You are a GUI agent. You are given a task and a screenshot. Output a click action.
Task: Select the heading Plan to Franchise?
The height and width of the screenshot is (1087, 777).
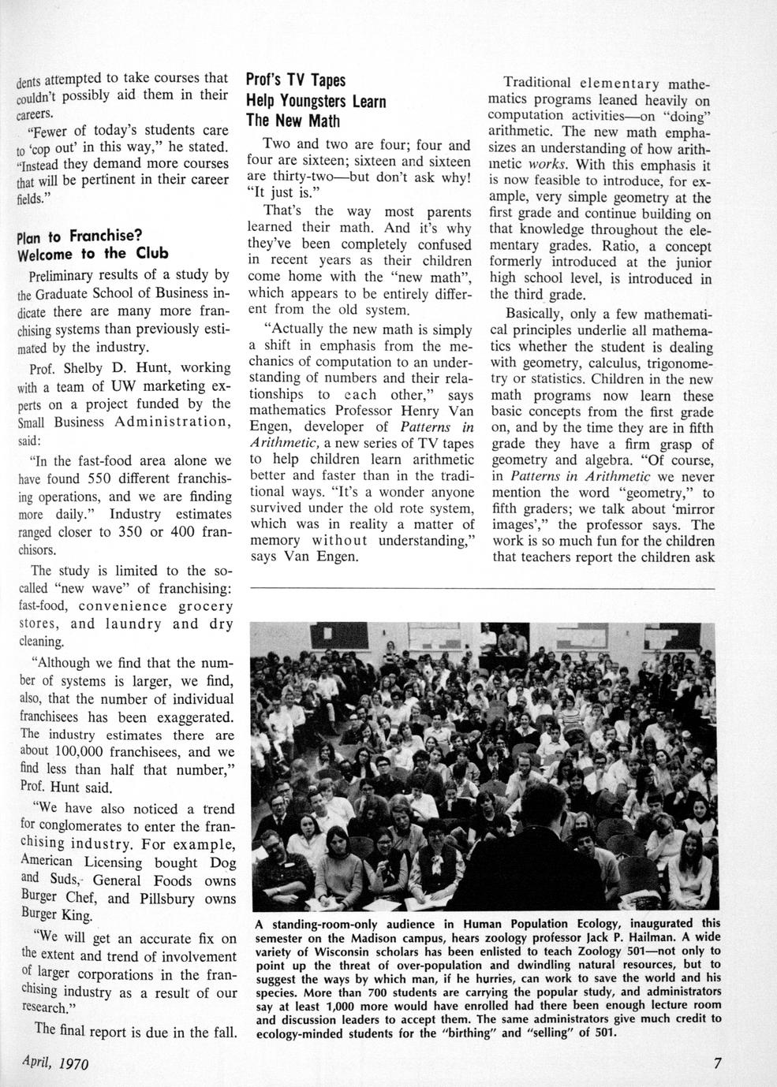(78, 236)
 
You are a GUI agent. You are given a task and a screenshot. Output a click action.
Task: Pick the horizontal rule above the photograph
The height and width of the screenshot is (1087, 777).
(481, 589)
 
